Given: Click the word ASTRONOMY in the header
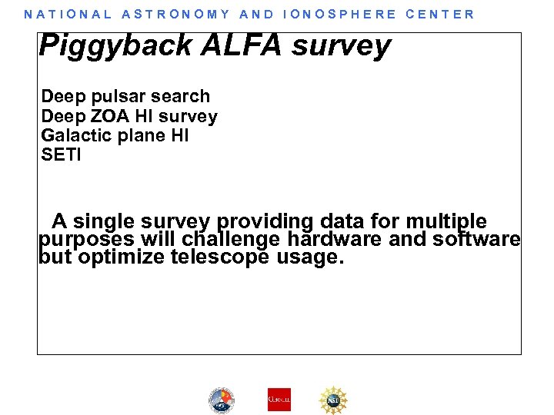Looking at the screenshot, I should tap(176, 14).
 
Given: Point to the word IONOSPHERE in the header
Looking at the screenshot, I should tap(340, 14).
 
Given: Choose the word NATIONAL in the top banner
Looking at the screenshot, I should tap(68, 14).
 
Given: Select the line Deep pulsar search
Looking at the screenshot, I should tap(125, 97).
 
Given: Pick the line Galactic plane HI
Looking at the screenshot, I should tap(115, 136).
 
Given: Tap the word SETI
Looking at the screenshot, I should tap(61, 155).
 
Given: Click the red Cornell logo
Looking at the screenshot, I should tap(279, 400).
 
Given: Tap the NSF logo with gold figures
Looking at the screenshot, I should tap(333, 400).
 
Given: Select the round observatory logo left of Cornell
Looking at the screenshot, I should tap(222, 400).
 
